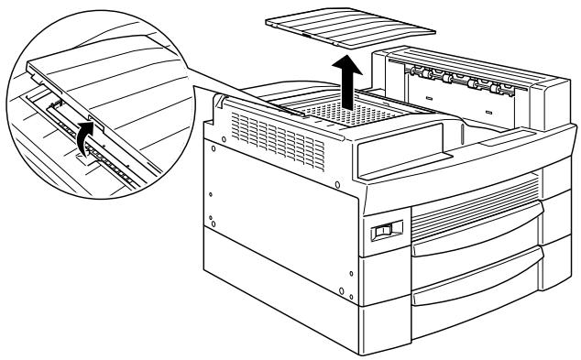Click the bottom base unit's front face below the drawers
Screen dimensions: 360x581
(458, 334)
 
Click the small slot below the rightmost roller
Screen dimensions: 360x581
(488, 113)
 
